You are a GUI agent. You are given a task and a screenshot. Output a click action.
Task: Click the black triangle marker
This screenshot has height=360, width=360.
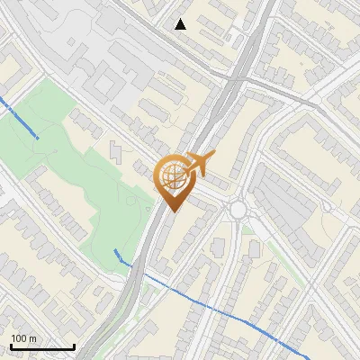point(181,24)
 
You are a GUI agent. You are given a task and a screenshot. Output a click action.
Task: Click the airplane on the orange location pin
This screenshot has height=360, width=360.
point(200,164)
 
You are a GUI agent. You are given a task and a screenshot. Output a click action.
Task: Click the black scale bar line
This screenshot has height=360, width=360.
point(42,347)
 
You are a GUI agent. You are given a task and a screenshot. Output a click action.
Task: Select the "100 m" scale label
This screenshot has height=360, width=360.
point(23,338)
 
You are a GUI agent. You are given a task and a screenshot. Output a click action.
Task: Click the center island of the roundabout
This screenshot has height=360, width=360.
point(238,210)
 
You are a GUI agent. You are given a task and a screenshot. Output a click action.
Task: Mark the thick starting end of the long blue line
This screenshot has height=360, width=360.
point(118,251)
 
